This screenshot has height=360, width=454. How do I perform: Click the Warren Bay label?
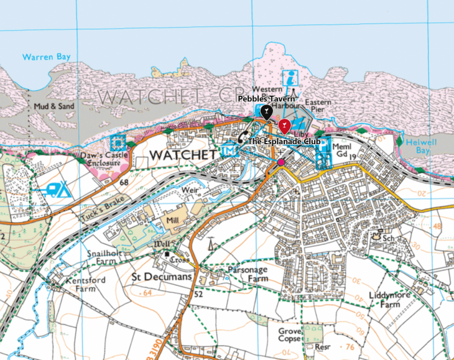click(47, 57)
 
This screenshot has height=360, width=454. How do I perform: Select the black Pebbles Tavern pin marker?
click(266, 113)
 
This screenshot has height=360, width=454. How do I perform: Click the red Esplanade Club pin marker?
click(284, 126)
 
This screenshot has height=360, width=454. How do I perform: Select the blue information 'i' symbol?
click(290, 78)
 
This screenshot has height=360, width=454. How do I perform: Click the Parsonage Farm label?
click(249, 274)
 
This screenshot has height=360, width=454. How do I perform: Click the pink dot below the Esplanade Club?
click(281, 162)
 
